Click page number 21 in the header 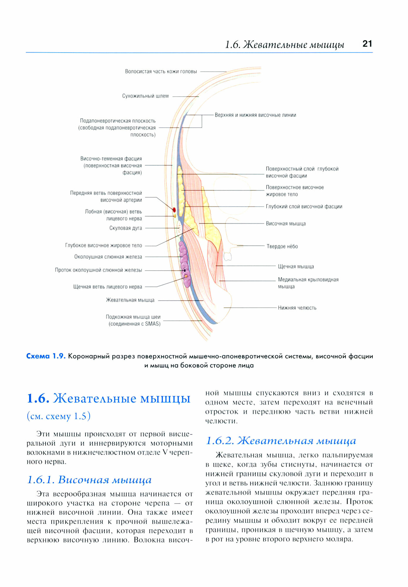[x=367, y=44]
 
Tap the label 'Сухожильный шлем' [x=145, y=96]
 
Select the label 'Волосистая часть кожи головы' [x=161, y=72]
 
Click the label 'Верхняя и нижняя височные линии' [x=255, y=115]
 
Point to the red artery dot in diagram [x=174, y=210]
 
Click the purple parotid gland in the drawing [x=184, y=258]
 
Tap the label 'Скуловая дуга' [x=126, y=228]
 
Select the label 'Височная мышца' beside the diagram [x=286, y=224]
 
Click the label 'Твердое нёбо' [x=282, y=246]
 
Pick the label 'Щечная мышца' [x=296, y=266]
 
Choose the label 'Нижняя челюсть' [x=297, y=308]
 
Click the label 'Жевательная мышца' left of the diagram [x=130, y=300]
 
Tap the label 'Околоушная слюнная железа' [x=108, y=257]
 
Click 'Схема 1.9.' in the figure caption [x=46, y=356]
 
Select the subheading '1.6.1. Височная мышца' [x=89, y=480]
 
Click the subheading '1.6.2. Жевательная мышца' [x=281, y=441]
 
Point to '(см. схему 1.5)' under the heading [x=58, y=416]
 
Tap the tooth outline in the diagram [x=227, y=257]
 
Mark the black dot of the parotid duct [x=185, y=270]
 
